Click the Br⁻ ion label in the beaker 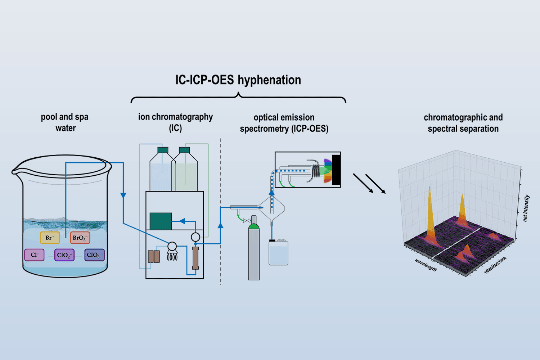click(x=50, y=238)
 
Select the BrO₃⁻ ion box click(x=80, y=238)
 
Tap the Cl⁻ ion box click(x=34, y=255)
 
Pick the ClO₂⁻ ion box click(x=64, y=255)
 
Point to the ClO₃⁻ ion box click(x=94, y=255)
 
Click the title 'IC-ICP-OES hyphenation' click(x=238, y=80)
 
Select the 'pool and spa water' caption click(x=65, y=122)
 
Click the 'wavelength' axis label click(x=426, y=265)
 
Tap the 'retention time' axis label click(x=495, y=265)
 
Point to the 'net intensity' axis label click(x=526, y=208)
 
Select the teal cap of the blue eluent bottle click(x=163, y=150)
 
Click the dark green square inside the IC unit click(x=161, y=221)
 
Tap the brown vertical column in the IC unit click(x=195, y=258)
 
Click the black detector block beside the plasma click(x=336, y=170)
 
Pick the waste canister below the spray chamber click(x=278, y=252)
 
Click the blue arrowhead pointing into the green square click(x=182, y=221)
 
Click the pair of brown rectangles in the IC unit click(x=154, y=257)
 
